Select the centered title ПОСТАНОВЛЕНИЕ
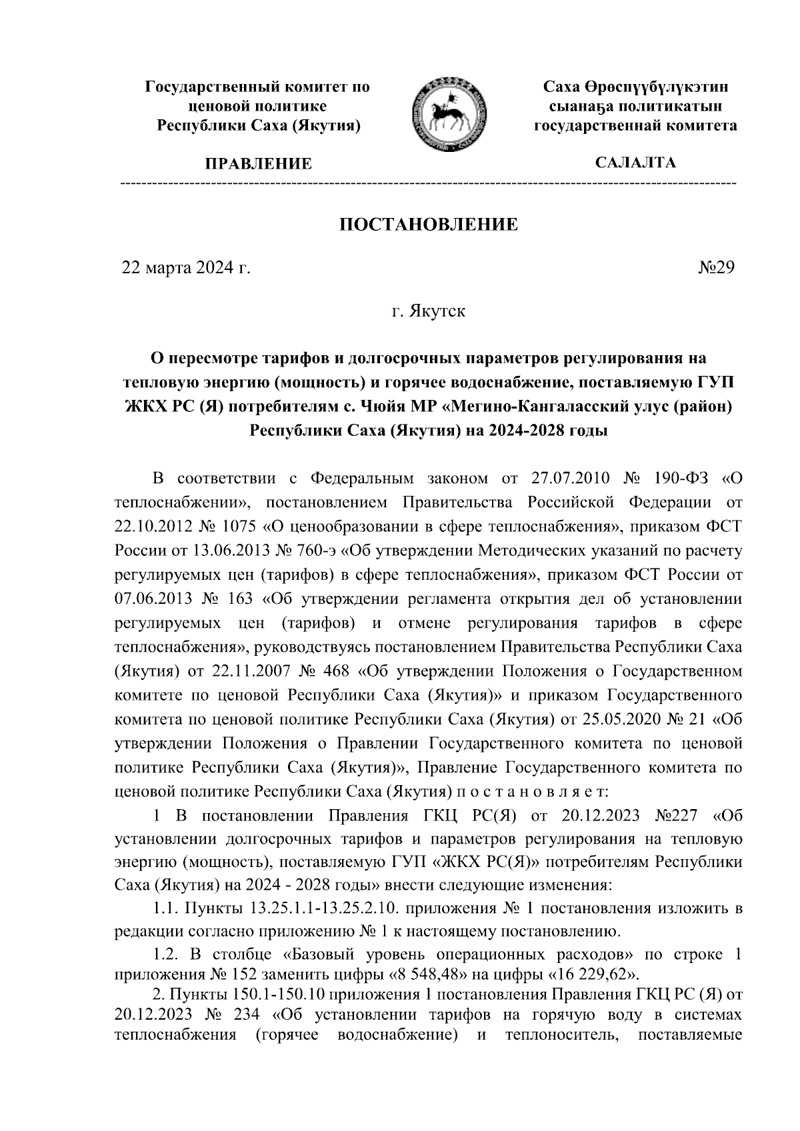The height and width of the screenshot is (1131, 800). (x=429, y=225)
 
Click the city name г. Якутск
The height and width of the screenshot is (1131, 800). (x=428, y=311)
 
